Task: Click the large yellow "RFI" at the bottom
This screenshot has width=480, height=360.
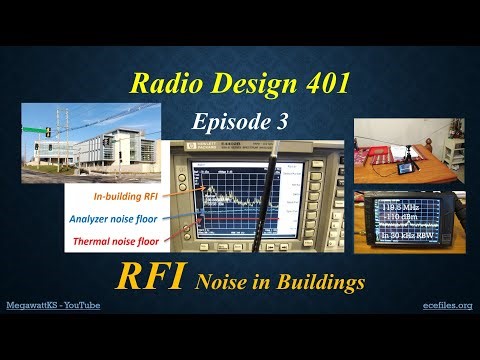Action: click(153, 276)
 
